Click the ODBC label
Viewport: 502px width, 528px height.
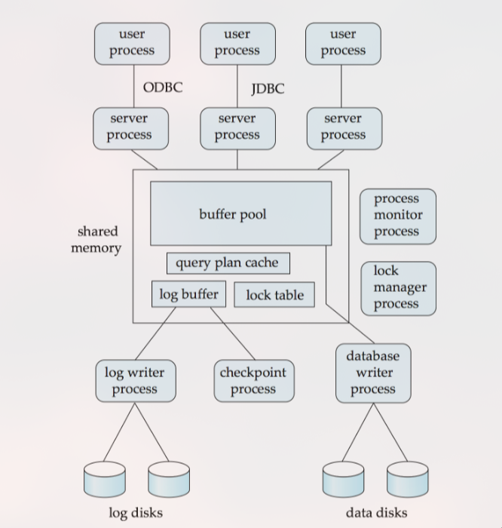[x=162, y=87]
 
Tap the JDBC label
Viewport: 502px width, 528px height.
[x=268, y=89]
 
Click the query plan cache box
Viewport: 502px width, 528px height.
[x=228, y=263]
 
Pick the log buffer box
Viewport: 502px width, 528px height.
[x=188, y=293]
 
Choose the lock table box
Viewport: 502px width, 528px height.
[x=274, y=295]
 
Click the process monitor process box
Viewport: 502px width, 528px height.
[x=397, y=216]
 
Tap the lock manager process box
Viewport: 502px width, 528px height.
[x=398, y=287]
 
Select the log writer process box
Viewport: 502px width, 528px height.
[x=135, y=380]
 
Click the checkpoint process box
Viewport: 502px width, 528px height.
[x=253, y=380]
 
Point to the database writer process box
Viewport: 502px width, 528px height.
[x=373, y=372]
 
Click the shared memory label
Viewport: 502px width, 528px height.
[x=97, y=239]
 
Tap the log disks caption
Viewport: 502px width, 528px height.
[x=136, y=513]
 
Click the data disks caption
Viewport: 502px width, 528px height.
[x=376, y=513]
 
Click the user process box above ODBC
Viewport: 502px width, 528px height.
[x=132, y=43]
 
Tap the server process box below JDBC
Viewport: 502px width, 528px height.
[x=237, y=127]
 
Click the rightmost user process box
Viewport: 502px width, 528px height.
[x=343, y=43]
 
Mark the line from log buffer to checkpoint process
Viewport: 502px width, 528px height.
[x=234, y=334]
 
